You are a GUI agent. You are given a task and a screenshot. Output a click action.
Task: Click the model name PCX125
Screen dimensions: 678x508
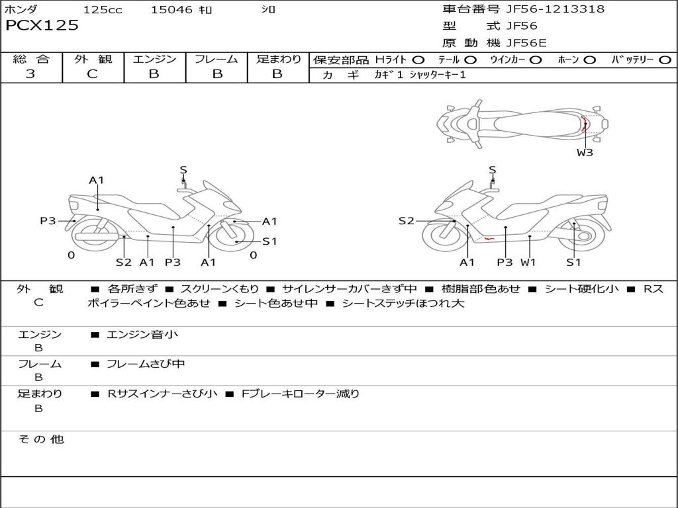click(42, 26)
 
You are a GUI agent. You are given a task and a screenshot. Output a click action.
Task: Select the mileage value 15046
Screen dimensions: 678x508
click(171, 10)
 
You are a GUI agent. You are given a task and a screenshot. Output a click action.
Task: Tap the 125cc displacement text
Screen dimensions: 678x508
click(103, 10)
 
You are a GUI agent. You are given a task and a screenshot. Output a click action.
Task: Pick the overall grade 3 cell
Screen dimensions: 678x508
click(30, 74)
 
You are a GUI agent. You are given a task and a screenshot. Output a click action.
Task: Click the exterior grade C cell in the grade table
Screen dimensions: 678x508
click(93, 74)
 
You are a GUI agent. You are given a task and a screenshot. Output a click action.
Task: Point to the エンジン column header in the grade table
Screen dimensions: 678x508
click(154, 59)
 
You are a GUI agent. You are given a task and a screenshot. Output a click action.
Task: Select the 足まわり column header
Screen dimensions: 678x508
click(278, 59)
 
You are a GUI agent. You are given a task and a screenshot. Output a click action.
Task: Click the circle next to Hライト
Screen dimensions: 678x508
click(418, 60)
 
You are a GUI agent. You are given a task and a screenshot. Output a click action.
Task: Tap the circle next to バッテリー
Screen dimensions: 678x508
click(665, 60)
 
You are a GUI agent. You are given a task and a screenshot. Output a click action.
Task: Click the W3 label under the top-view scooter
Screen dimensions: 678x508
click(585, 153)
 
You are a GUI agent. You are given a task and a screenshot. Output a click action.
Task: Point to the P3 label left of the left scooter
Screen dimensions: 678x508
click(48, 221)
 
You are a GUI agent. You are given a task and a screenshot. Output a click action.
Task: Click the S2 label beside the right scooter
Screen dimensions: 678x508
click(406, 221)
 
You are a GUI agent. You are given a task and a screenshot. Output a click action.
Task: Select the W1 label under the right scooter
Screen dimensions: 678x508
click(528, 263)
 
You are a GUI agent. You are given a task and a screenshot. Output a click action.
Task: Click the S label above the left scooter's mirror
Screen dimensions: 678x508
click(183, 170)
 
